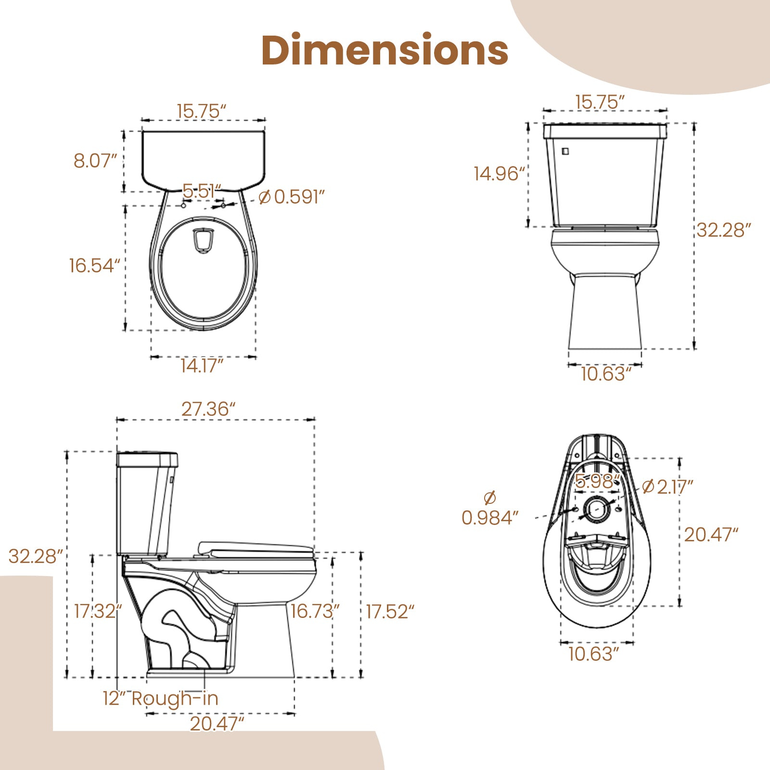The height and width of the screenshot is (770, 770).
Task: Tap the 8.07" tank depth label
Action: pos(95,161)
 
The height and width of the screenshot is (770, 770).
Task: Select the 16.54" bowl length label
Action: pos(94,265)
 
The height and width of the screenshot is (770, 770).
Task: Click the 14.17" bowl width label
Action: pos(202,366)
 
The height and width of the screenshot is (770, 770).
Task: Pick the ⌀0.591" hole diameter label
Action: pos(292,197)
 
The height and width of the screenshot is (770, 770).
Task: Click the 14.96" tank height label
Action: pos(499,174)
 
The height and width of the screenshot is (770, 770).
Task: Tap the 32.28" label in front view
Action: pos(723,230)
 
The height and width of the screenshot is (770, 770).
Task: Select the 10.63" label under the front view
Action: pos(605,374)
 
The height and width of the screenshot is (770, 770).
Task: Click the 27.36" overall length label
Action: pos(208,409)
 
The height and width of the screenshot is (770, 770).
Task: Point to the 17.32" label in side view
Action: pos(98,611)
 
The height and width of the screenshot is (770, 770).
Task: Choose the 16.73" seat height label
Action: pos(315,611)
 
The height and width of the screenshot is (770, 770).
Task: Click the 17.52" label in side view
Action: pos(389,612)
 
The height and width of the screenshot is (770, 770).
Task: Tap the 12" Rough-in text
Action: pos(161,698)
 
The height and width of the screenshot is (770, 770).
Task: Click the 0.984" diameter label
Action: pos(490,518)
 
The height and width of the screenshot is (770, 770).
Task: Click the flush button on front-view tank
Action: pos(565,151)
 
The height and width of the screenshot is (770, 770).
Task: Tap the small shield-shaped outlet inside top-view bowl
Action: pos(203,240)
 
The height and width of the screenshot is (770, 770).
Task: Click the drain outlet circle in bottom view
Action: pos(597,510)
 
